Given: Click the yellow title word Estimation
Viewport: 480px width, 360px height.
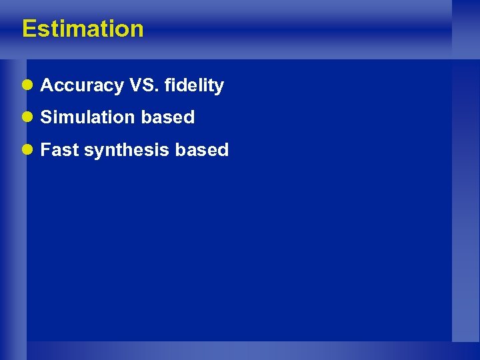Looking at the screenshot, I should pyautogui.click(x=83, y=29).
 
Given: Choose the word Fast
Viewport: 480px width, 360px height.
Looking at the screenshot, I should pyautogui.click(x=59, y=150).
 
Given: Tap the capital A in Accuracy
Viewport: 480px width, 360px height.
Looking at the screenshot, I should pyautogui.click(x=47, y=85).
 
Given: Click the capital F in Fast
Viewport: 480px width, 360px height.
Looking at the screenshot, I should pyautogui.click(x=45, y=150).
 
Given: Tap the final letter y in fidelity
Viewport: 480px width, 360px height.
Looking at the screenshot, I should pyautogui.click(x=219, y=87).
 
